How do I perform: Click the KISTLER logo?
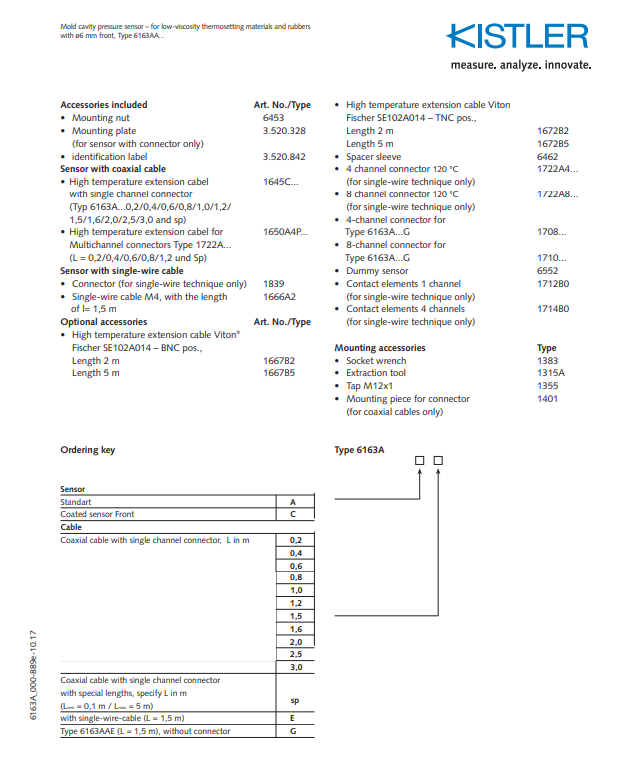tap(517, 37)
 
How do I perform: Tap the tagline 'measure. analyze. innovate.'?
tap(521, 66)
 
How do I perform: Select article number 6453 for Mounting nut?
tap(273, 118)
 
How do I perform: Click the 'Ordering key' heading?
tap(87, 450)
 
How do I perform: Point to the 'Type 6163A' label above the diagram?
tap(359, 450)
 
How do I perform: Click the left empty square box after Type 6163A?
tap(420, 460)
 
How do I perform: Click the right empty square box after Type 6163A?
tap(437, 460)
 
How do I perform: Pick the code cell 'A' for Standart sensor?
tap(293, 502)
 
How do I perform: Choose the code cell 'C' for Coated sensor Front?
tap(293, 514)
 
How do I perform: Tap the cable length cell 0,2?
tap(295, 540)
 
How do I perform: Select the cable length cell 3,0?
tap(295, 668)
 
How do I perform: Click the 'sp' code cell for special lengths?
tap(294, 701)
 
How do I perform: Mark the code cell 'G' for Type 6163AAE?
tap(293, 731)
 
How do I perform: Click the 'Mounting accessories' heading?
tap(379, 348)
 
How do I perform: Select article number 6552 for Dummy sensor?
tap(548, 271)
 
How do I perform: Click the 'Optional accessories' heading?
tap(103, 322)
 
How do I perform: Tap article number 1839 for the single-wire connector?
tap(273, 284)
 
